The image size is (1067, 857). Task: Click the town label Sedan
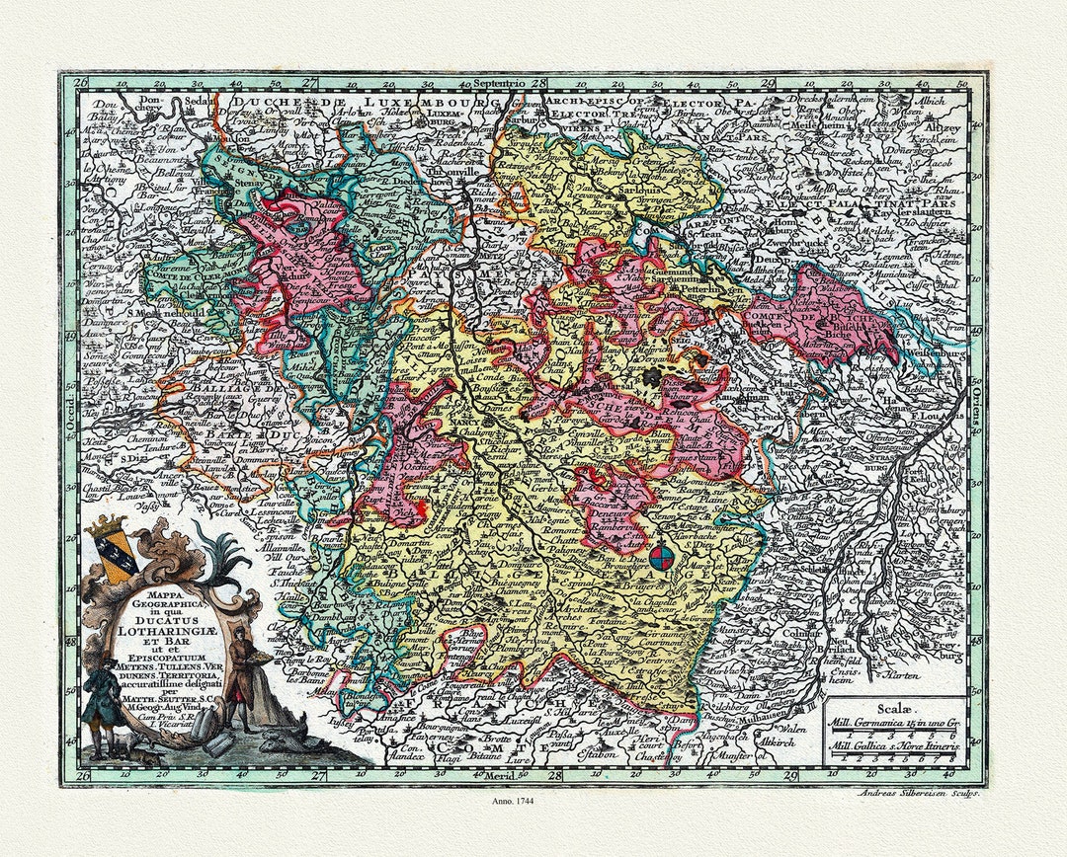coord(204,101)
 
